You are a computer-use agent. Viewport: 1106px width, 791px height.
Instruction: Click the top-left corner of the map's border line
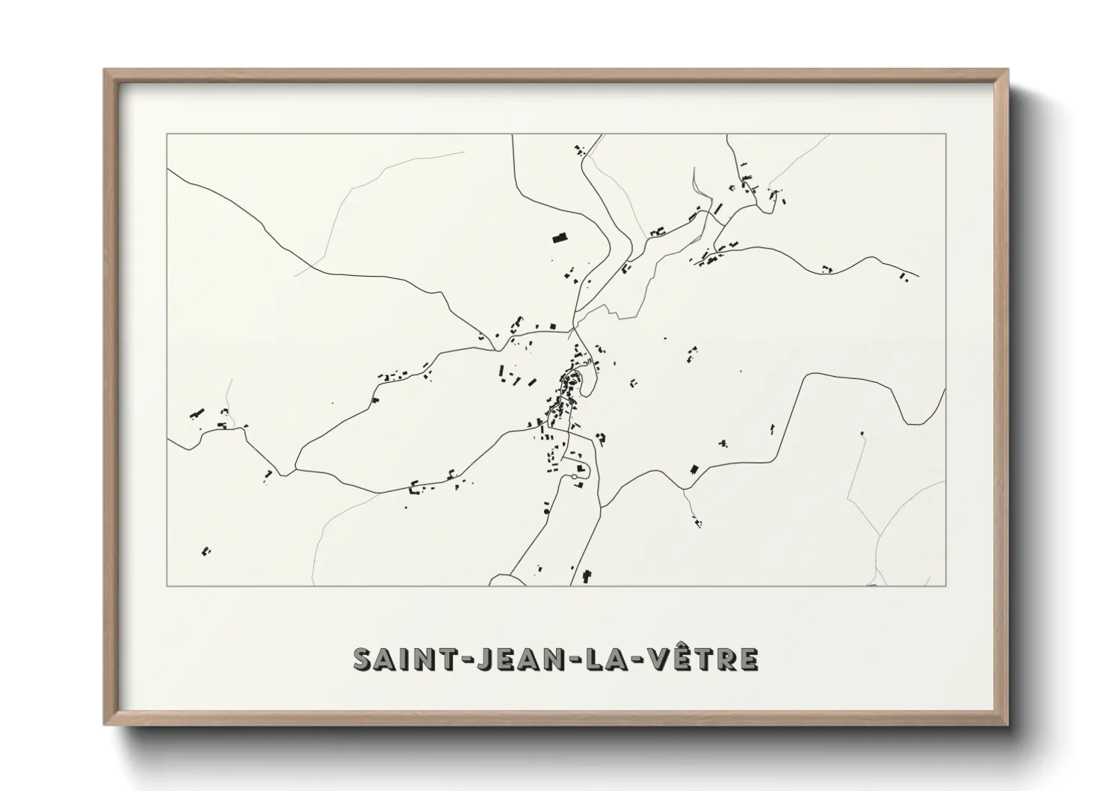[x=167, y=134]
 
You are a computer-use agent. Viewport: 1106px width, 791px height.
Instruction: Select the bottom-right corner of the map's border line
[x=945, y=585]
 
